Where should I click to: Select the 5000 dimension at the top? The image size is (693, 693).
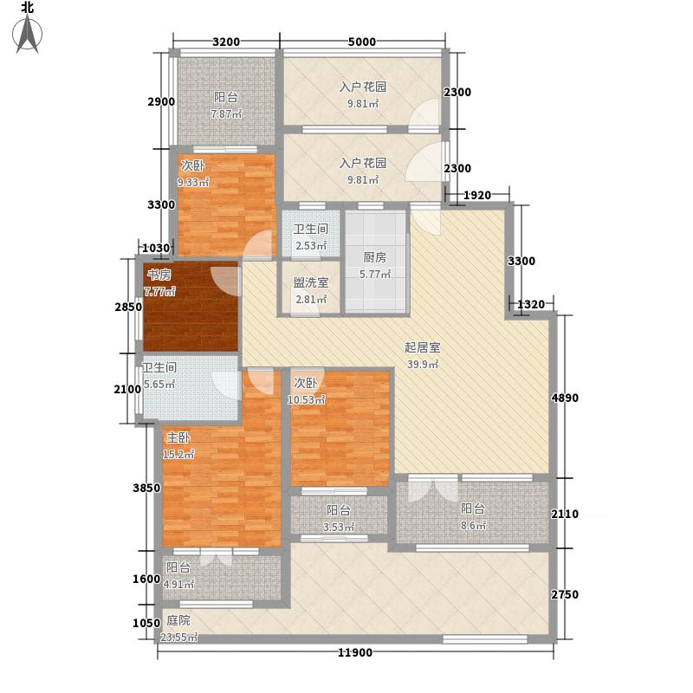362,41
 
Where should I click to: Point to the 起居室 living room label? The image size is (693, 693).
422,348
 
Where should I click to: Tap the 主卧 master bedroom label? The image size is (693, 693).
179,437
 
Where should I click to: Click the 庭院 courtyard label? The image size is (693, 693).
178,620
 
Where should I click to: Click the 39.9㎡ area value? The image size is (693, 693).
424,365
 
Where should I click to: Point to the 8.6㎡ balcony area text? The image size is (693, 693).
472,526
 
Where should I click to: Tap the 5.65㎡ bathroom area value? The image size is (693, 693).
159,385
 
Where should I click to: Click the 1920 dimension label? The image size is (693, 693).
476,196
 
